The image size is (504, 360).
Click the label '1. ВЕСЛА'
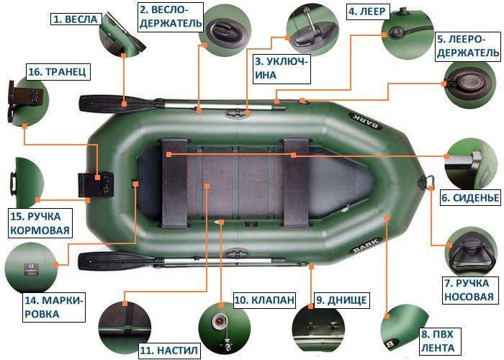[74, 19]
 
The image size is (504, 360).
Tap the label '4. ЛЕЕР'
[368, 12]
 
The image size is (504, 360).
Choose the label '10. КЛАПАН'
[264, 300]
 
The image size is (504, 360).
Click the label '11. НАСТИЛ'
[168, 351]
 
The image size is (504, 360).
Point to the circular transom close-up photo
[27, 101]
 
